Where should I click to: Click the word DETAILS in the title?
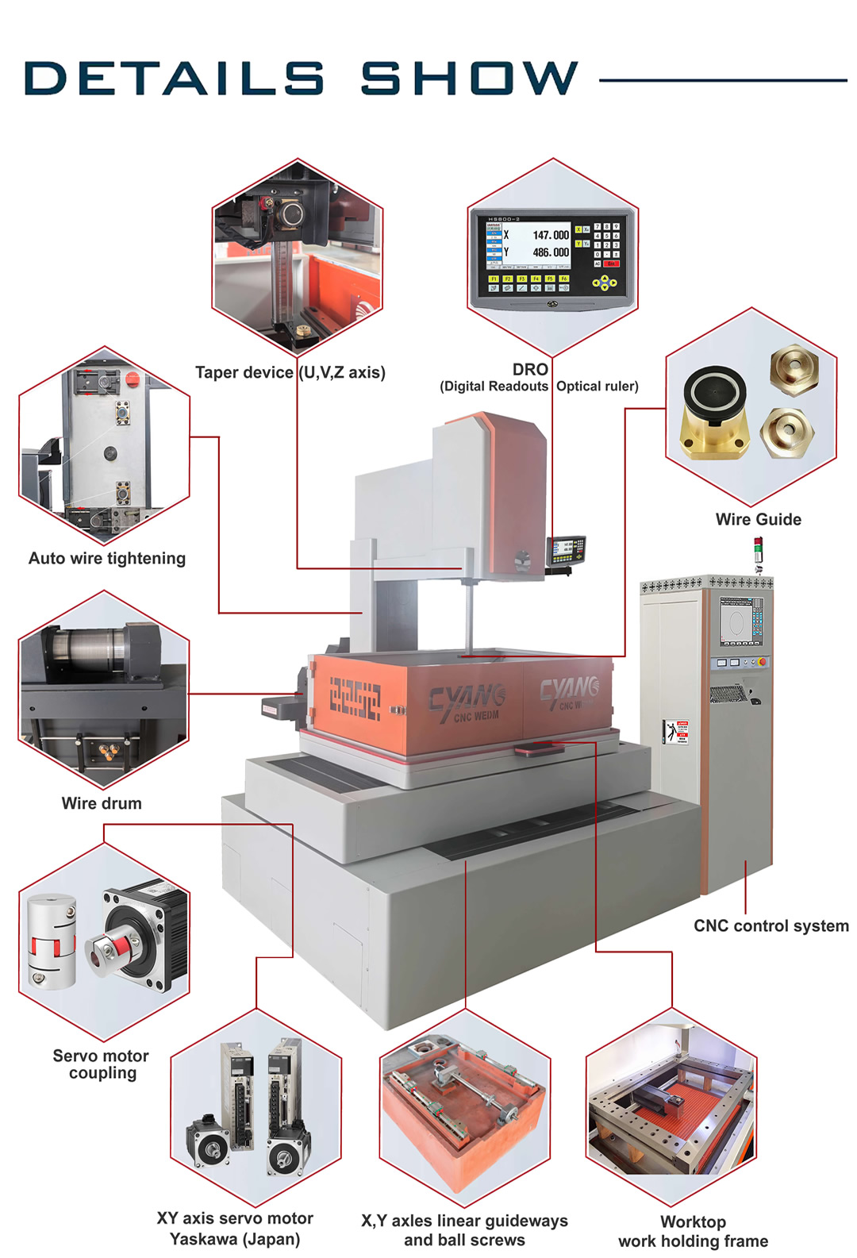pos(174,79)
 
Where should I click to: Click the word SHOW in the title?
pos(469,79)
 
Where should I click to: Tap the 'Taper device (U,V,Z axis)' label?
pos(290,373)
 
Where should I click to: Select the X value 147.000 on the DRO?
pos(550,236)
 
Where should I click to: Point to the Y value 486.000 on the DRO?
pos(550,252)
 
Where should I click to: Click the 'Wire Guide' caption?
pos(758,520)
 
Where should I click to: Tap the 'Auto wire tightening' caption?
pos(107,559)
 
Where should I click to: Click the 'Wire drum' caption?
pos(102,803)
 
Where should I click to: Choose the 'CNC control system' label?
pos(771,926)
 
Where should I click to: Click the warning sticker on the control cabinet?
pos(677,731)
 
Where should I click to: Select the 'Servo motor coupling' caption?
pos(102,1064)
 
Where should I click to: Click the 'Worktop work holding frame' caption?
pos(693,1231)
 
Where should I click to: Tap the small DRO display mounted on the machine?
pos(565,549)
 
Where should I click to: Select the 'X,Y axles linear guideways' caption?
pos(464,1221)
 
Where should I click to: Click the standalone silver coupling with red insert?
pos(52,942)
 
